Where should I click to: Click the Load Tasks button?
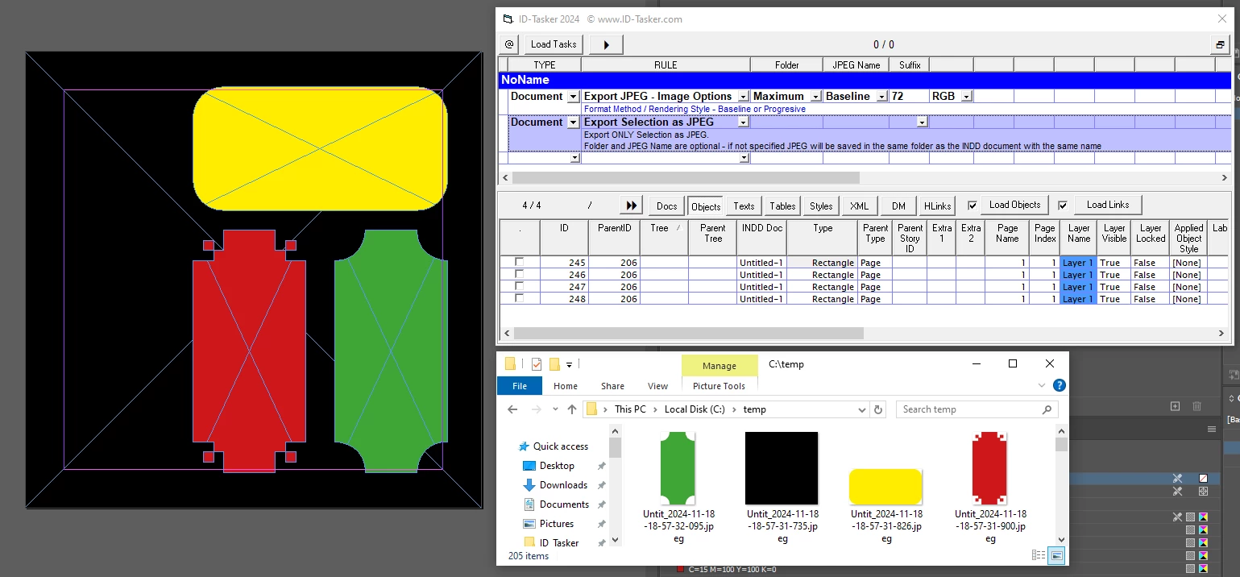coord(553,44)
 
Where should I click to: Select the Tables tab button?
coord(782,206)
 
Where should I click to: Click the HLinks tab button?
coord(937,206)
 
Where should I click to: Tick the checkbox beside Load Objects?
coord(972,205)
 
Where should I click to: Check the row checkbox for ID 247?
coord(519,286)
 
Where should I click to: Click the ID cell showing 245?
coord(576,263)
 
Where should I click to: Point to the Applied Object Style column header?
coord(1188,238)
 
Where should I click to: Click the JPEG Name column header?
coord(856,64)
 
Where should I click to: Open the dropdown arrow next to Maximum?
coord(815,97)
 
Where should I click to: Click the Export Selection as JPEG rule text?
coord(649,122)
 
